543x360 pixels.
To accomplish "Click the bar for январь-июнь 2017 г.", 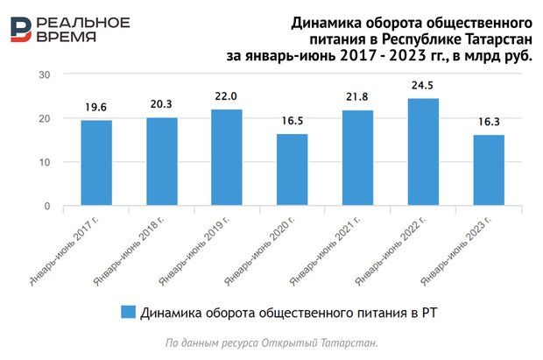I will pos(96,163).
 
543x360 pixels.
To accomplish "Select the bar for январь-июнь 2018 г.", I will pos(161,161).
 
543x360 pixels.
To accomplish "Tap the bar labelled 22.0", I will pos(227,158).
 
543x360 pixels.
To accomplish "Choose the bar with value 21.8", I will pos(357,159).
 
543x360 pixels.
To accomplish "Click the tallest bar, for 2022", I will pos(423,152).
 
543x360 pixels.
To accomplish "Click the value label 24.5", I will pos(423,88).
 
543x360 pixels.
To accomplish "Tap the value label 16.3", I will pos(489,124).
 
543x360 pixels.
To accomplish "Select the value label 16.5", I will pos(293,124).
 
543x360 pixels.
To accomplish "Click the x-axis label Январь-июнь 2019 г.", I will pos(195,250).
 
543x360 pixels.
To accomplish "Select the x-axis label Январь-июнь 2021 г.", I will pos(326,250).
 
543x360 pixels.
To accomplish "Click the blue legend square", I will pos(128,311).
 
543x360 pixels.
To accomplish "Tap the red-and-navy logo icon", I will pos(22,29).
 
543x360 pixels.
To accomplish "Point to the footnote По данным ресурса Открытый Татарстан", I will pos(271,342).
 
